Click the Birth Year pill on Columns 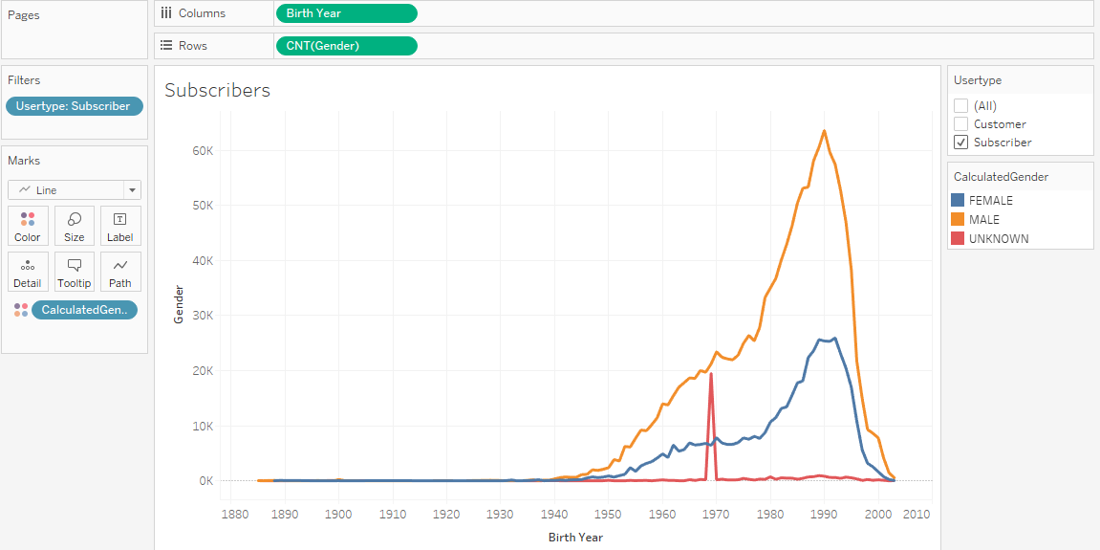pos(346,13)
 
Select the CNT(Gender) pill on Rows pos(346,46)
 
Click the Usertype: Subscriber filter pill pos(75,106)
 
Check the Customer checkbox pos(961,124)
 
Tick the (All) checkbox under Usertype pos(961,106)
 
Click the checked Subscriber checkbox pos(961,143)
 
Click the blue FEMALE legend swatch pos(959,201)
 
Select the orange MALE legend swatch pos(959,220)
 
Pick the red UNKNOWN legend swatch pos(959,239)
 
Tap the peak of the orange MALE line pos(824,131)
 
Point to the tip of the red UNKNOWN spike pos(711,374)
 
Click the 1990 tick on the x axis pos(824,514)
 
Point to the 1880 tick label pos(234,514)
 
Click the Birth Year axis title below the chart pos(575,538)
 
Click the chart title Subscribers pos(217,91)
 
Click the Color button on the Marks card pos(28,226)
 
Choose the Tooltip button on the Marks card pos(75,272)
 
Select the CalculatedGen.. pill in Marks pos(84,310)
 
